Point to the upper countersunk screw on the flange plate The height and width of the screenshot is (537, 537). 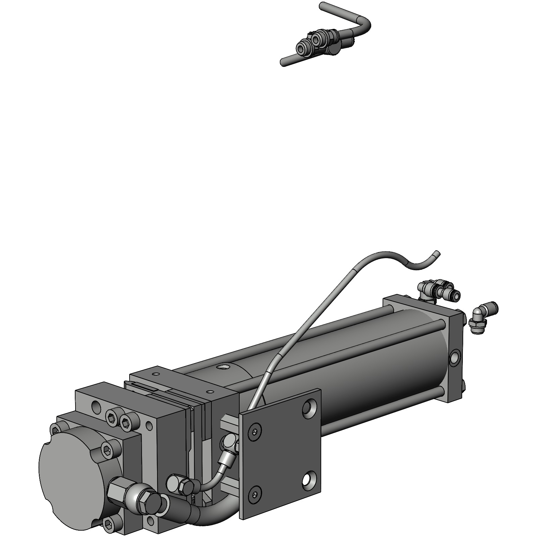(255, 433)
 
